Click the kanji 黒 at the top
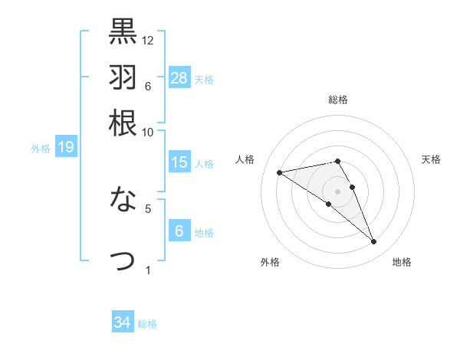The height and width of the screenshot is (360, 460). (123, 31)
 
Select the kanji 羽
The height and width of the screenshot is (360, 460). (123, 77)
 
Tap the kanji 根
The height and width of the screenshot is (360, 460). (123, 123)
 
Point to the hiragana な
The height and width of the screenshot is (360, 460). (123, 201)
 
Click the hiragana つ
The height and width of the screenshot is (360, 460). (123, 260)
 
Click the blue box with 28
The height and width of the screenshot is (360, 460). (179, 77)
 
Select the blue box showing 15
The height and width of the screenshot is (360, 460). (179, 162)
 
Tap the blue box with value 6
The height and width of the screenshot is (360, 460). (179, 231)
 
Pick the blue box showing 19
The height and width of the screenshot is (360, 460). (66, 147)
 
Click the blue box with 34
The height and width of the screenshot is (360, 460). (123, 322)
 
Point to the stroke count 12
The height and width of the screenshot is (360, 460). (148, 40)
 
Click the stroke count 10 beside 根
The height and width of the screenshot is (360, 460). (148, 132)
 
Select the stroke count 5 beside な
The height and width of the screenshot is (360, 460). (148, 208)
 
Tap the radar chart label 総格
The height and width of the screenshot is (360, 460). (338, 100)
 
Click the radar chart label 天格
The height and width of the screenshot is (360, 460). (431, 159)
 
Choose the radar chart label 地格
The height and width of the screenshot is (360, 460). (402, 262)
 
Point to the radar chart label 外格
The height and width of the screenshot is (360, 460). (270, 262)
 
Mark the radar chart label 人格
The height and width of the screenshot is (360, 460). (245, 159)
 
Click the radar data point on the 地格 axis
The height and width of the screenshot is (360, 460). (374, 242)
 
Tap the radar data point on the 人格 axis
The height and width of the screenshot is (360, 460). (280, 172)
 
